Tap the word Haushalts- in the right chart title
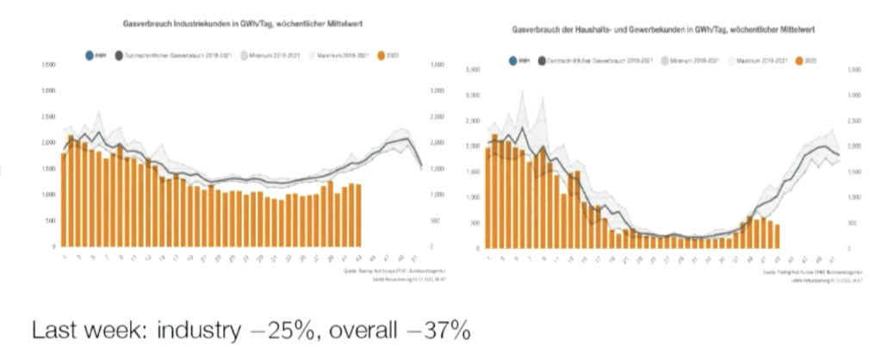pyautogui.click(x=600, y=30)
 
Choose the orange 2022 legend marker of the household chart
pyautogui.click(x=798, y=61)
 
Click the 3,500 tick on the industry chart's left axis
pyautogui.click(x=48, y=65)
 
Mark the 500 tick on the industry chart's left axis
pyautogui.click(x=52, y=220)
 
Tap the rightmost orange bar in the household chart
pyautogui.click(x=777, y=237)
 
